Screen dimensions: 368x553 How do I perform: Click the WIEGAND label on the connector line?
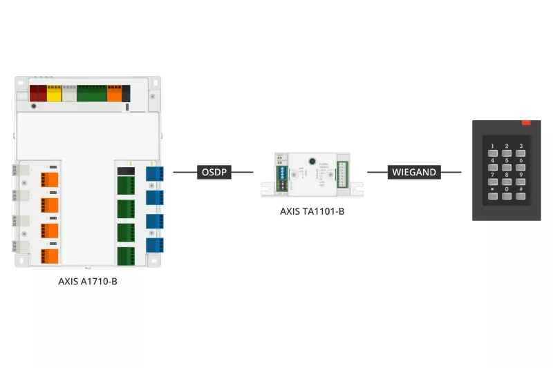[x=414, y=172]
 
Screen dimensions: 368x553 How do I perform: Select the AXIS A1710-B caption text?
[x=88, y=281]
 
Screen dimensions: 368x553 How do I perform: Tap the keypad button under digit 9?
[x=521, y=181]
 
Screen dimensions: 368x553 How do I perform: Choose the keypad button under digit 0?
[x=507, y=196]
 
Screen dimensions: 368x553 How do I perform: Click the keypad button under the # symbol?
[x=521, y=196]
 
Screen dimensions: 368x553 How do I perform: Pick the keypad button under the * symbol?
[x=492, y=196]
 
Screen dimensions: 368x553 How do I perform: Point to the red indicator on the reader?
[x=526, y=122]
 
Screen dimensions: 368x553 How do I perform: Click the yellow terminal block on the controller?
[x=54, y=93]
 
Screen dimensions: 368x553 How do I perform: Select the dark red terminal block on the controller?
[x=37, y=93]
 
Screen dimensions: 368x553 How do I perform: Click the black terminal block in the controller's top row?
[x=126, y=93]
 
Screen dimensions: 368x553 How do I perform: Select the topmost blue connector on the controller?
[x=154, y=173]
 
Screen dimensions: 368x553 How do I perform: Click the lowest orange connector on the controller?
[x=50, y=255]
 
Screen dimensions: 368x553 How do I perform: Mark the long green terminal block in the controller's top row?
[x=91, y=93]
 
